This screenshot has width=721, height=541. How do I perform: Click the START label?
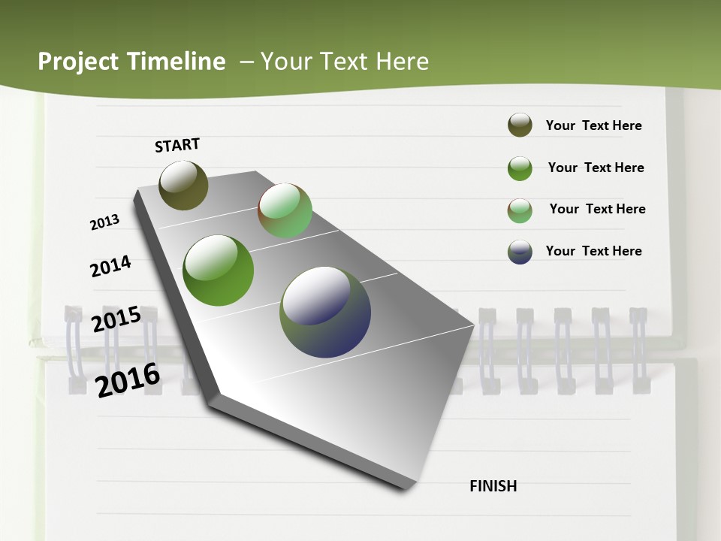tap(177, 145)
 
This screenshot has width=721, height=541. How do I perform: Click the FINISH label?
tap(493, 486)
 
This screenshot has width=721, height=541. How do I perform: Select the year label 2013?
tap(105, 222)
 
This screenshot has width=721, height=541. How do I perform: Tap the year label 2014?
tap(110, 266)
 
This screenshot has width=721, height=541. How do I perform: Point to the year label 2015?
tap(116, 319)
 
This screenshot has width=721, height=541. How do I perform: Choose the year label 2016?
tap(128, 379)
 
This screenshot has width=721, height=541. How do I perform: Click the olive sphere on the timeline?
tap(183, 185)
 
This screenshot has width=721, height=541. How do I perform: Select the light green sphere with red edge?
tap(285, 210)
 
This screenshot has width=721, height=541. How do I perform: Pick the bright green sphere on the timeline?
tap(218, 270)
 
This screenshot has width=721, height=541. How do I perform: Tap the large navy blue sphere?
tap(325, 312)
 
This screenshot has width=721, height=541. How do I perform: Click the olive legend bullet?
tap(520, 125)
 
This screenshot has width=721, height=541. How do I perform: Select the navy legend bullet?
tap(520, 251)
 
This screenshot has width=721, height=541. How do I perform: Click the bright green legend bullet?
tap(520, 168)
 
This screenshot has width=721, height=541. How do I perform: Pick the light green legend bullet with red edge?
tap(520, 210)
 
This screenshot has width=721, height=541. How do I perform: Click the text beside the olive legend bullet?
tap(593, 125)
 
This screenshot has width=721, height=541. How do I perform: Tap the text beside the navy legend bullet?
tap(593, 251)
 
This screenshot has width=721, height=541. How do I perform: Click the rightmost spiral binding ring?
tap(639, 350)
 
